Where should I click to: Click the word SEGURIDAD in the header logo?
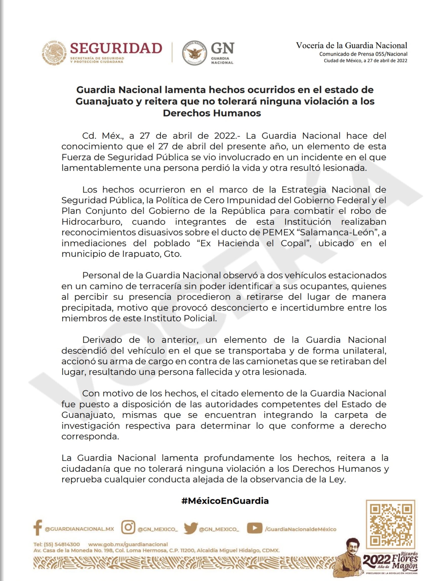click(x=116, y=48)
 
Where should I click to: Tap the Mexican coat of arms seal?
click(x=54, y=53)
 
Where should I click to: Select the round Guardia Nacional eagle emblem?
click(x=195, y=53)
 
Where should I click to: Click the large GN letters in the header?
click(x=222, y=48)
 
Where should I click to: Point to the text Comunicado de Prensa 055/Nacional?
click(x=363, y=54)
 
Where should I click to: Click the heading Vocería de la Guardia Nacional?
click(x=352, y=45)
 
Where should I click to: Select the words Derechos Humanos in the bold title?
click(x=212, y=113)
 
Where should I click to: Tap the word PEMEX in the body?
click(x=278, y=233)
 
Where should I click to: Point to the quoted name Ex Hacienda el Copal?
click(x=256, y=243)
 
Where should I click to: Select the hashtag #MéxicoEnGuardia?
click(x=225, y=501)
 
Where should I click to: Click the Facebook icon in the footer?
click(x=38, y=528)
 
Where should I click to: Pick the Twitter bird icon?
click(x=191, y=528)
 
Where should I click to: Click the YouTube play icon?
click(x=254, y=528)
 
